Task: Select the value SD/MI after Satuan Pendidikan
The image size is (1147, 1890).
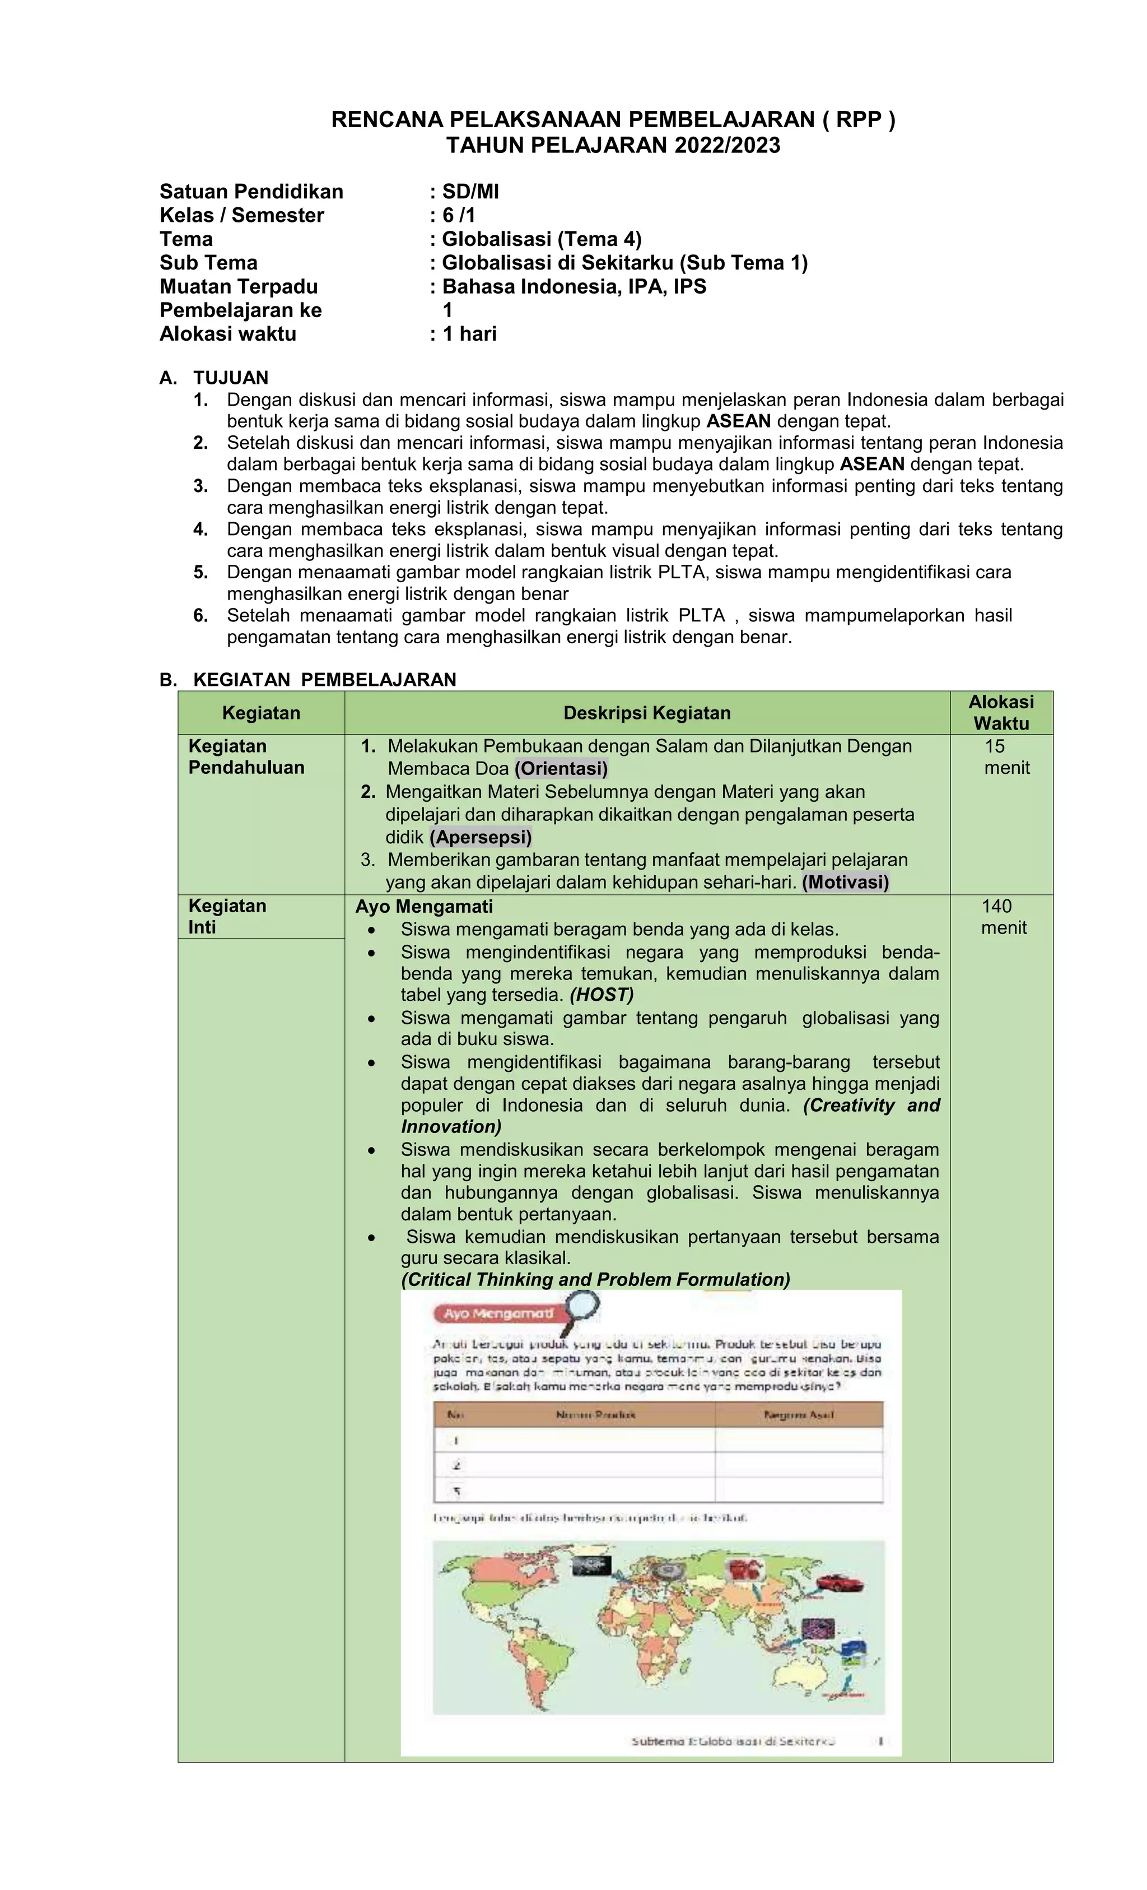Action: tap(470, 192)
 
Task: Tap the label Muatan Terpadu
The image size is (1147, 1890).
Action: tap(239, 287)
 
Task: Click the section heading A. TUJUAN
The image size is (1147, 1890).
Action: tap(214, 378)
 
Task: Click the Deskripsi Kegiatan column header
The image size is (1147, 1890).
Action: tap(646, 713)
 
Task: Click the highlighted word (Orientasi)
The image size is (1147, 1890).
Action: tap(561, 769)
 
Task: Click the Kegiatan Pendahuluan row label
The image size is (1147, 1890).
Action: tap(245, 756)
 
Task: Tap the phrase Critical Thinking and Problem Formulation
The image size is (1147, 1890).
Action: tap(595, 1279)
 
